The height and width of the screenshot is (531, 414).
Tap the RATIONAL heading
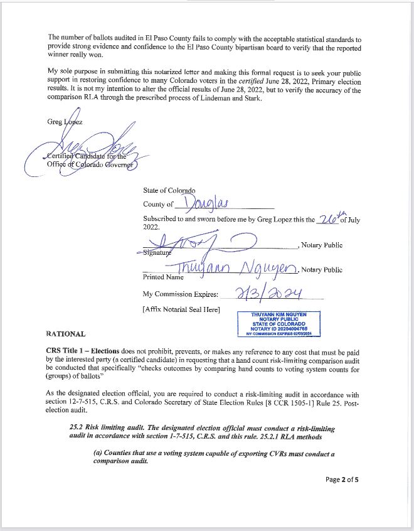65,334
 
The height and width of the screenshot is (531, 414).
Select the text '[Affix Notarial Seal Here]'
181,311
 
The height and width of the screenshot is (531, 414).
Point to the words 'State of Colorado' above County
169,190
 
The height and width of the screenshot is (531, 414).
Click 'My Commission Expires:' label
181,294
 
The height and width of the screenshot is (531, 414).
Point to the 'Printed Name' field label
163,276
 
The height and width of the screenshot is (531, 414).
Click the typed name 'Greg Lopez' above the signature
65,122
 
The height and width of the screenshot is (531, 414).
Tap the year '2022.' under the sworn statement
152,228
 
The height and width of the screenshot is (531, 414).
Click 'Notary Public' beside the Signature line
322,245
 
